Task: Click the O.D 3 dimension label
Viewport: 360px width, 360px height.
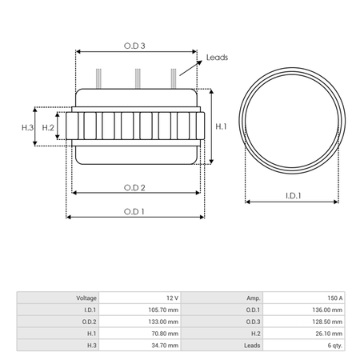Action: point(134,46)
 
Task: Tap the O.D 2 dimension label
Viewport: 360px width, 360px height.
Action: point(134,188)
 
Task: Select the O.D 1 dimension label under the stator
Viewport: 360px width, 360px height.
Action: point(134,212)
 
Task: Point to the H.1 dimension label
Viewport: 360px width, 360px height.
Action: point(221,126)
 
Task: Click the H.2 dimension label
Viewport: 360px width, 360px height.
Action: point(48,128)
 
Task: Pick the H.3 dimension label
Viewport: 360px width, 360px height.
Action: point(27,128)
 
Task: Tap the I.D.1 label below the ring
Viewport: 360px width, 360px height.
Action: point(293,196)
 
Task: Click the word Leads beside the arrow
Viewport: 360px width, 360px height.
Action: point(217,58)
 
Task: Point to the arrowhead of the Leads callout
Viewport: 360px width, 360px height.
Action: point(199,62)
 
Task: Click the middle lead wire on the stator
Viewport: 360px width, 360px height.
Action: point(138,78)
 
